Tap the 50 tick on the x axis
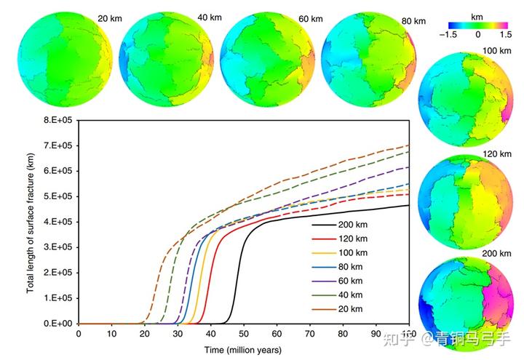point(244,333)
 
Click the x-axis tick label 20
point(145,333)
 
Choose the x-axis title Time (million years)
point(243,349)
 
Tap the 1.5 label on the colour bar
point(504,34)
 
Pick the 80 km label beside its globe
point(413,21)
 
